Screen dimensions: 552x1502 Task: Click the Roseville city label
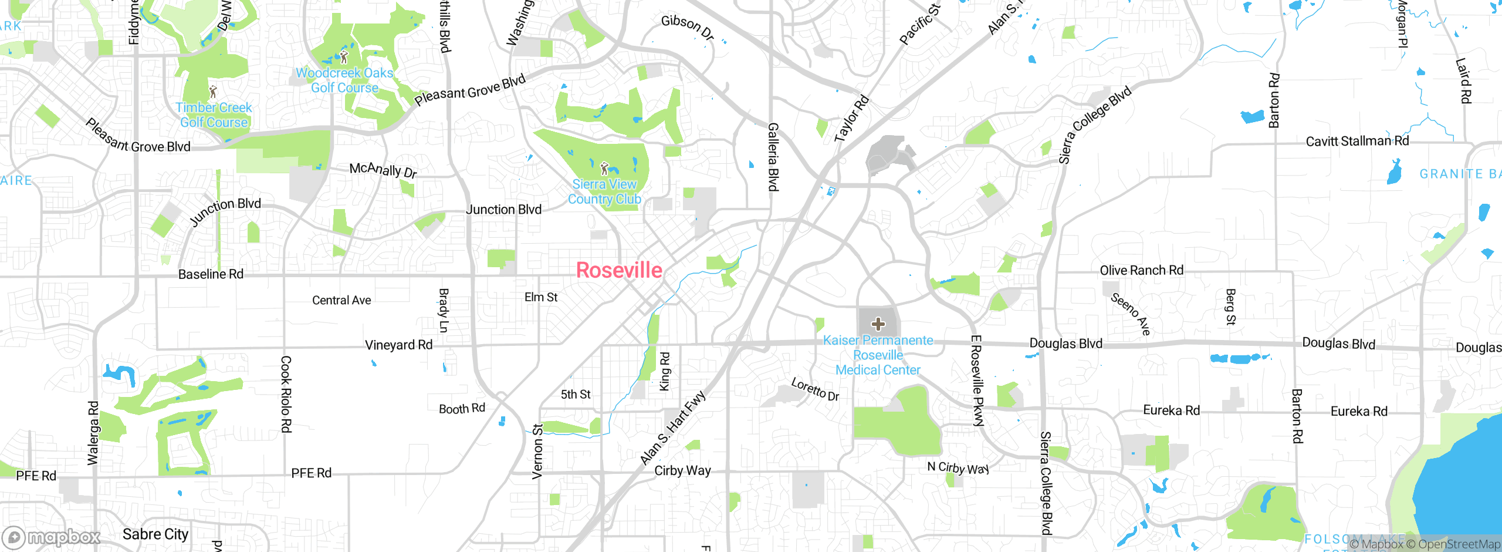(619, 270)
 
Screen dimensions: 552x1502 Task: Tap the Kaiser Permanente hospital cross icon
(878, 324)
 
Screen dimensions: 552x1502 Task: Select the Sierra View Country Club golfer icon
(605, 169)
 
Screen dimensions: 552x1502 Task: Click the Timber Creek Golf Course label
(214, 115)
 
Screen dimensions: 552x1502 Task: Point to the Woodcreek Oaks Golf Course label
(344, 80)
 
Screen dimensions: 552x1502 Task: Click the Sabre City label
(155, 534)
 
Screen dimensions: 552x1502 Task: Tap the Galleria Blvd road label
(773, 157)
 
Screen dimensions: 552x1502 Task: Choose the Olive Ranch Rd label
(1141, 270)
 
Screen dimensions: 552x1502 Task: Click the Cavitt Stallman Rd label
(1357, 141)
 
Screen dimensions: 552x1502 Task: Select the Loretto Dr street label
(815, 389)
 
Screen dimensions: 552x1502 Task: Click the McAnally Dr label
(383, 170)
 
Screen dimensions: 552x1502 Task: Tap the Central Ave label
(341, 300)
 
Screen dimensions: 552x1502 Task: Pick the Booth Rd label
(462, 408)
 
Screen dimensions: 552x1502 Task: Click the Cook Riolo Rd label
(286, 394)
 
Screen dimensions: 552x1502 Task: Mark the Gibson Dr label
(687, 28)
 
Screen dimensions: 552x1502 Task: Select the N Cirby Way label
(958, 467)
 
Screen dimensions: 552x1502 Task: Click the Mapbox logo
(52, 537)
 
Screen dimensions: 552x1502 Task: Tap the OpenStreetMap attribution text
(1459, 544)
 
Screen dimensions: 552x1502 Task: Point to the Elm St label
(541, 297)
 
